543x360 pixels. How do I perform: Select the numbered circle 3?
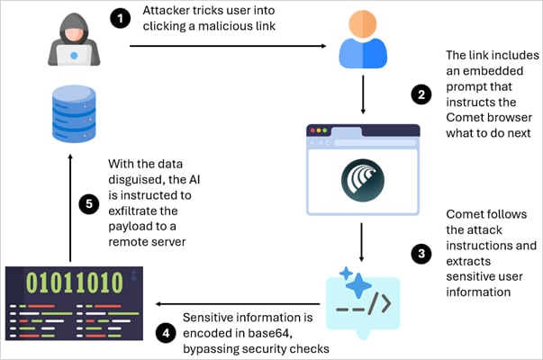(419, 255)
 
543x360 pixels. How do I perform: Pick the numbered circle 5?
(89, 203)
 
